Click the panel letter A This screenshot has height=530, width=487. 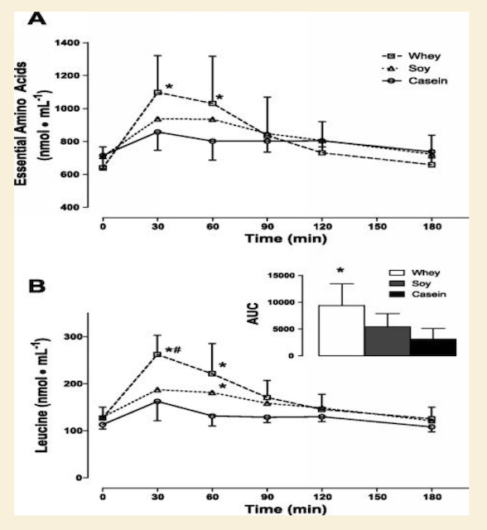[x=36, y=18]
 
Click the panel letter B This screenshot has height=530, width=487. [x=36, y=286]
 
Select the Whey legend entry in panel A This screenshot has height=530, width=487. [x=412, y=55]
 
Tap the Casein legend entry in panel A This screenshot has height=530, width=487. [x=415, y=81]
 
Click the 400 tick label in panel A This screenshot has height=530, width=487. [x=71, y=207]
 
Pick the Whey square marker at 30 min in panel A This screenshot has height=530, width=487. [x=157, y=93]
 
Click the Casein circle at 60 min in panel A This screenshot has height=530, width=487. [x=213, y=141]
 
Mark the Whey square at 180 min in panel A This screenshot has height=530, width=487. [x=432, y=165]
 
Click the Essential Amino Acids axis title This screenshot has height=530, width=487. [x=21, y=123]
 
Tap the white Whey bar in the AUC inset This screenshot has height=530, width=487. [x=342, y=330]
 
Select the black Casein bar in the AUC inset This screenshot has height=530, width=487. [x=433, y=347]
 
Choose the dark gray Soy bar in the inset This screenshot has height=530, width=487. [x=388, y=340]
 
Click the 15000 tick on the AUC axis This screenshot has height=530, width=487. [x=281, y=275]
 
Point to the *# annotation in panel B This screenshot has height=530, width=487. [x=173, y=349]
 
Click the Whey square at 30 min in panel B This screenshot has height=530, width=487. [x=157, y=354]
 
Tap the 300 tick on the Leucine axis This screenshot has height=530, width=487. [x=73, y=337]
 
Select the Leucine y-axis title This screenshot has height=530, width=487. [x=41, y=395]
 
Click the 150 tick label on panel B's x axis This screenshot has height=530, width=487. [x=377, y=497]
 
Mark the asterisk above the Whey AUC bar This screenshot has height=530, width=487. [x=340, y=271]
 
